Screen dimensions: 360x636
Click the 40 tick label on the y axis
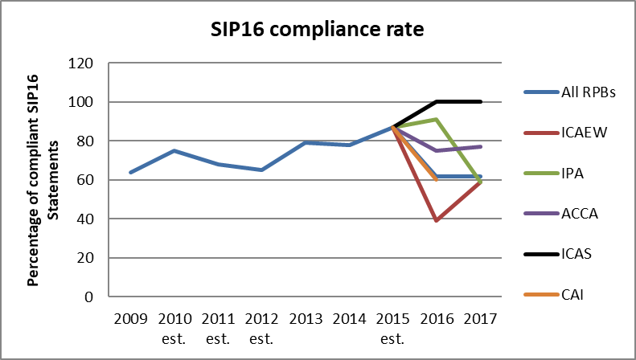point(86,219)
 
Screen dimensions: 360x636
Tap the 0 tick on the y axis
point(89,297)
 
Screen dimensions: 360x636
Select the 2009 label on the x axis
point(130,317)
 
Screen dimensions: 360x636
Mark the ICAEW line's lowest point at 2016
point(437,220)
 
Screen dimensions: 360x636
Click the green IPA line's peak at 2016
point(437,120)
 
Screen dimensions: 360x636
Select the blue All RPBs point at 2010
point(174,151)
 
